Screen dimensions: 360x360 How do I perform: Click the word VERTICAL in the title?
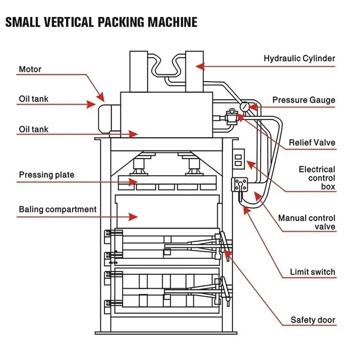pyautogui.click(x=69, y=22)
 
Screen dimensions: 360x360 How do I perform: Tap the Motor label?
pyautogui.click(x=30, y=69)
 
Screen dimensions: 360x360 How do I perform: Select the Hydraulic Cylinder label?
pyautogui.click(x=299, y=58)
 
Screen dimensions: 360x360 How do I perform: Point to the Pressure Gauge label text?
pyautogui.click(x=304, y=100)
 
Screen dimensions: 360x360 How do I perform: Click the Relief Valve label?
pyautogui.click(x=312, y=143)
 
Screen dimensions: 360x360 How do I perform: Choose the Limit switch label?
pyautogui.click(x=313, y=272)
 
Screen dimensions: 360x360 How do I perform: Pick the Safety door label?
pyautogui.click(x=313, y=320)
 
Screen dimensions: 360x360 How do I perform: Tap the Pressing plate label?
pyautogui.click(x=47, y=175)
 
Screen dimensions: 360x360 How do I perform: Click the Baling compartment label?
pyautogui.click(x=58, y=209)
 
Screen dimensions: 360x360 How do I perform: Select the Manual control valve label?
pyautogui.click(x=307, y=222)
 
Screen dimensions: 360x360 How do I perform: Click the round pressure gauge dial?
pyautogui.click(x=245, y=107)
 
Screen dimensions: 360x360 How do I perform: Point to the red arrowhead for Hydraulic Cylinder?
pyautogui.click(x=200, y=67)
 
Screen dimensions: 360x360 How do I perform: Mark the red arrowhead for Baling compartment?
pyautogui.click(x=133, y=217)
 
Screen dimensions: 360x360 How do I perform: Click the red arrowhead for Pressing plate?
pyautogui.click(x=133, y=182)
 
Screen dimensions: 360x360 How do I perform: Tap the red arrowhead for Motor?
pyautogui.click(x=101, y=97)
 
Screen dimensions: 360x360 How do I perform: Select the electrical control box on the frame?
pyautogui.click(x=238, y=159)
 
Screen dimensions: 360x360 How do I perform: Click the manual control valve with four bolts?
pyautogui.click(x=239, y=184)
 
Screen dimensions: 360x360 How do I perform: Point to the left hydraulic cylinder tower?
pyautogui.click(x=139, y=72)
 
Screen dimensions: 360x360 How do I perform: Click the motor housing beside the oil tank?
pyautogui.click(x=109, y=119)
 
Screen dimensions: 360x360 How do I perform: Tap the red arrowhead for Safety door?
pyautogui.click(x=228, y=254)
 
